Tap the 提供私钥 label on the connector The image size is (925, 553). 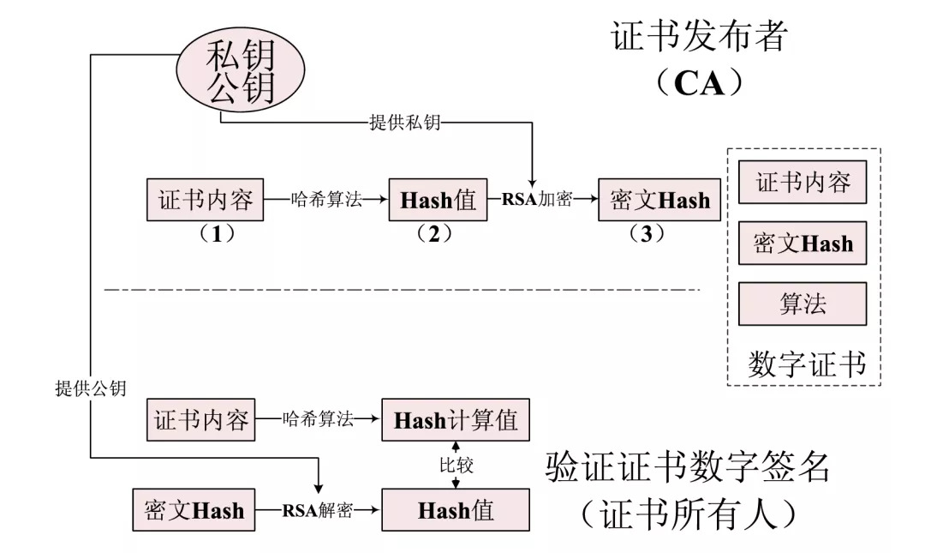click(404, 123)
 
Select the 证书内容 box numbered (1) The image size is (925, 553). click(206, 201)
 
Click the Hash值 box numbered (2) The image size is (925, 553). click(438, 201)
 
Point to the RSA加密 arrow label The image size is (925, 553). click(535, 201)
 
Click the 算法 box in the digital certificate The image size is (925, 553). click(803, 304)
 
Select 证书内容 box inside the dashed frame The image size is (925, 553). click(803, 183)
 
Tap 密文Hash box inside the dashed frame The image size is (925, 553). click(803, 243)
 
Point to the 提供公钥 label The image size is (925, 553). click(91, 388)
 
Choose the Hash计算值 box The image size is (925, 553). click(456, 420)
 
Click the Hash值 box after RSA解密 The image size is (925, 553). click(456, 511)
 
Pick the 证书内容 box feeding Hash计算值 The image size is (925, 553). click(201, 420)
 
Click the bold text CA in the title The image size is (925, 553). click(700, 83)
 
